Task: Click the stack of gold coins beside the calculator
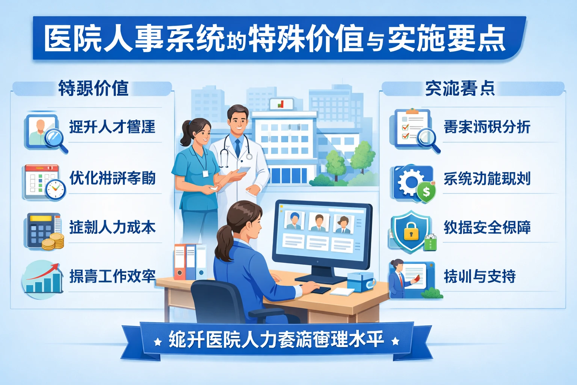(53, 242)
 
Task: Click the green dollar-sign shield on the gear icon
(426, 192)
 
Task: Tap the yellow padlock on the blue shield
(411, 231)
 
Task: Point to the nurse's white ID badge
(205, 173)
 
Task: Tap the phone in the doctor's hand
(243, 170)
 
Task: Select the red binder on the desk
(180, 262)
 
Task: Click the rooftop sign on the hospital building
(281, 104)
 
